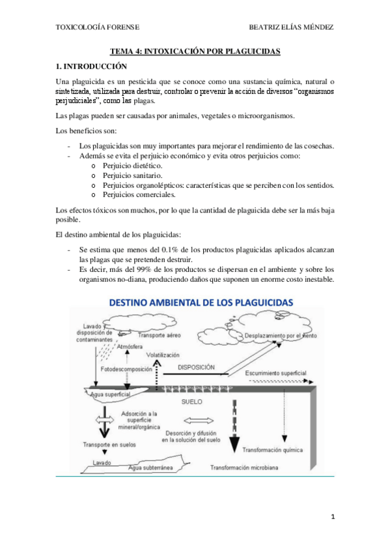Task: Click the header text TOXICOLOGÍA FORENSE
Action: [98, 27]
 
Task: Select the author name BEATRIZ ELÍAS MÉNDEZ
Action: [291, 27]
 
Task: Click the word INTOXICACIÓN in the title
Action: [171, 51]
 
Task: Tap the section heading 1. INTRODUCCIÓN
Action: [92, 66]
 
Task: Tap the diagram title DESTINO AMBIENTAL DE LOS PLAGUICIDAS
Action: [201, 303]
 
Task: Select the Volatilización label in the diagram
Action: [162, 355]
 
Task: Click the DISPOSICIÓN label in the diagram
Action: [196, 367]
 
